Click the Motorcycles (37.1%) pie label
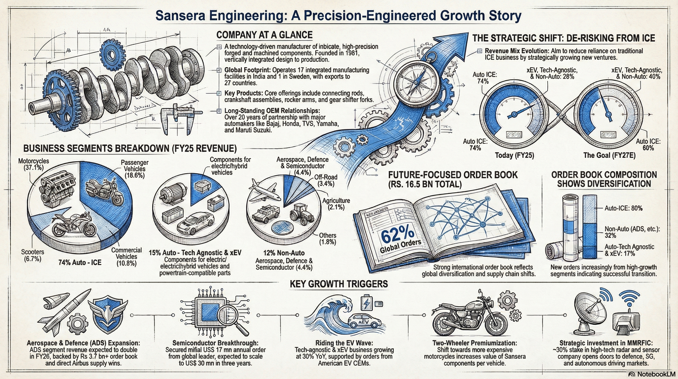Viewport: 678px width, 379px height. [x=34, y=164]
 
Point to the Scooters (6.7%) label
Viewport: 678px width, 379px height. [x=33, y=255]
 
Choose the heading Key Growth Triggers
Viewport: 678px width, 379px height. [x=339, y=284]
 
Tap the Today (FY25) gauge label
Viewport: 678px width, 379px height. [x=515, y=155]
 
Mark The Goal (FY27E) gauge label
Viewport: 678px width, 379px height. [x=609, y=155]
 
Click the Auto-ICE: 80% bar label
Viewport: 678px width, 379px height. [x=624, y=208]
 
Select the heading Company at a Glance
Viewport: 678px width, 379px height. [x=264, y=35]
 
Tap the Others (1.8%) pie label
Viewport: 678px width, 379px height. [x=328, y=239]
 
